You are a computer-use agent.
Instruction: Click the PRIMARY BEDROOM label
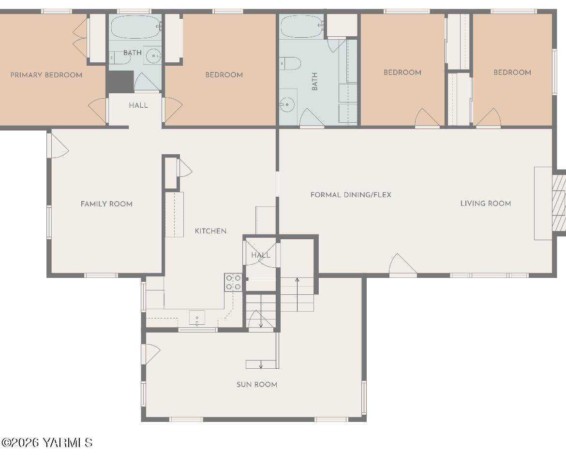pyautogui.click(x=46, y=75)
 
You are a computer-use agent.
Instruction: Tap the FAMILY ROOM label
pyautogui.click(x=106, y=204)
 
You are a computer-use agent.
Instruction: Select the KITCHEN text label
pyautogui.click(x=210, y=231)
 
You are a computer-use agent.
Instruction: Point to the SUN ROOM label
pyautogui.click(x=257, y=385)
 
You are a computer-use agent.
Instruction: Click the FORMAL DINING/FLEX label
pyautogui.click(x=351, y=195)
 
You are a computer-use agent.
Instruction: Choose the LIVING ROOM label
pyautogui.click(x=486, y=203)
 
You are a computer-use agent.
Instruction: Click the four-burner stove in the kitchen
pyautogui.click(x=233, y=282)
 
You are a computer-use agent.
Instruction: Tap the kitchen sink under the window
pyautogui.click(x=197, y=318)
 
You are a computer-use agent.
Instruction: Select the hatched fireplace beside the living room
pyautogui.click(x=558, y=203)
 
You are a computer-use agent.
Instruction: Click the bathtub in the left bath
pyautogui.click(x=136, y=28)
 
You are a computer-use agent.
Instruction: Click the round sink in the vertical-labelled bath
pyautogui.click(x=288, y=104)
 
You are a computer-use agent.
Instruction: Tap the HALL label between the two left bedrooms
pyautogui.click(x=138, y=105)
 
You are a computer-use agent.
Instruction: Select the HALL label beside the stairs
pyautogui.click(x=261, y=255)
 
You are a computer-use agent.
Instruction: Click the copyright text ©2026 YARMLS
pyautogui.click(x=47, y=442)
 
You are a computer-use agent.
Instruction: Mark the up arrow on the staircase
pyautogui.click(x=297, y=295)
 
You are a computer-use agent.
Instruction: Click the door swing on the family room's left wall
pyautogui.click(x=58, y=145)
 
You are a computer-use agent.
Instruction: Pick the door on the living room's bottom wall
pyautogui.click(x=403, y=265)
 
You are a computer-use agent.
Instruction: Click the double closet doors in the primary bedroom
pyautogui.click(x=81, y=38)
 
